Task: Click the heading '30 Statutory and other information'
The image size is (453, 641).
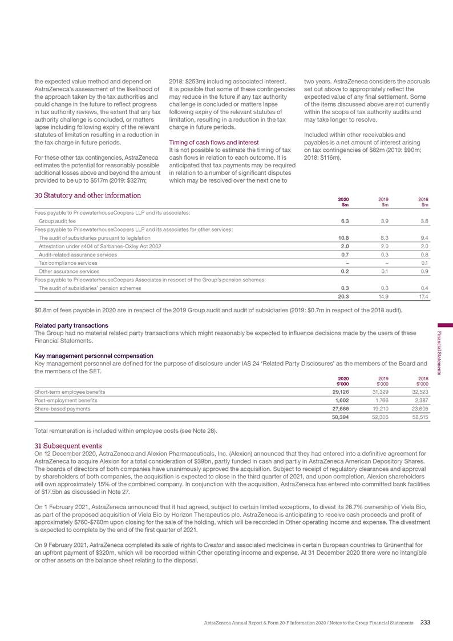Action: tap(87, 195)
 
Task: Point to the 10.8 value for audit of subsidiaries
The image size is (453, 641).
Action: tap(344, 237)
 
